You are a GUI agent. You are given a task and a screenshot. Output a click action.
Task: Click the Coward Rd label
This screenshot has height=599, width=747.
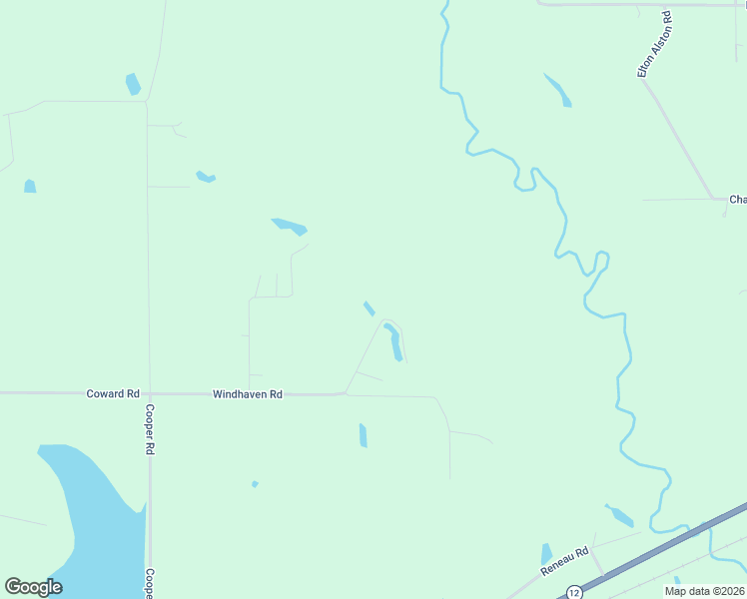point(112,394)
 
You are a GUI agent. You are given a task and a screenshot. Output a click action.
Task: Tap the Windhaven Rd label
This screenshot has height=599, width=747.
point(248,394)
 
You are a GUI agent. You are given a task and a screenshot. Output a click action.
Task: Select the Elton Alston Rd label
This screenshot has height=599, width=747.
point(655,44)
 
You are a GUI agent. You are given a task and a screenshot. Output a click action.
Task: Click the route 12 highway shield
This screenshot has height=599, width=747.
point(574,592)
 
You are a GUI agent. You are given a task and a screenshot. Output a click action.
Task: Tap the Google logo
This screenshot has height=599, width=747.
point(33,587)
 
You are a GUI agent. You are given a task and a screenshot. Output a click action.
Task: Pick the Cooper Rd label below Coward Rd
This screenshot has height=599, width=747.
point(149,430)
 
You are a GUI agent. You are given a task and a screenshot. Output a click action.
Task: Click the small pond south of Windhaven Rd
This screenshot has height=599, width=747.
point(364,435)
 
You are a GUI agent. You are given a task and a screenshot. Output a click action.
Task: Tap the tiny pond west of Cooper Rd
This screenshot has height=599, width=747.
point(30,186)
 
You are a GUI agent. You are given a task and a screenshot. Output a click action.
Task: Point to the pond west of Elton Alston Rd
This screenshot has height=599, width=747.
point(558,89)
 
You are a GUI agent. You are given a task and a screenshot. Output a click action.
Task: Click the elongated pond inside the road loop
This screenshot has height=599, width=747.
point(394,342)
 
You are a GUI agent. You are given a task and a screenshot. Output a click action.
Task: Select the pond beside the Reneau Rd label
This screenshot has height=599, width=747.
point(546,553)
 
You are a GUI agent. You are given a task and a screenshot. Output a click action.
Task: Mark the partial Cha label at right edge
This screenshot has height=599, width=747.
point(737,200)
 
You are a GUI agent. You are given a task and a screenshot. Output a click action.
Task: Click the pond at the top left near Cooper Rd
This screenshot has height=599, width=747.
point(133,84)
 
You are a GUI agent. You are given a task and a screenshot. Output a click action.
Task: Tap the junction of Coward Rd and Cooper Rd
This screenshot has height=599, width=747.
point(149,393)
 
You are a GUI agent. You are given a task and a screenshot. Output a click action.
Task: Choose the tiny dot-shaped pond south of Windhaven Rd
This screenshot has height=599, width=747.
point(255,484)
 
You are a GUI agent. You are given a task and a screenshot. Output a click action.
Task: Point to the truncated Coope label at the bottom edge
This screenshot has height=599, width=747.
point(149,583)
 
